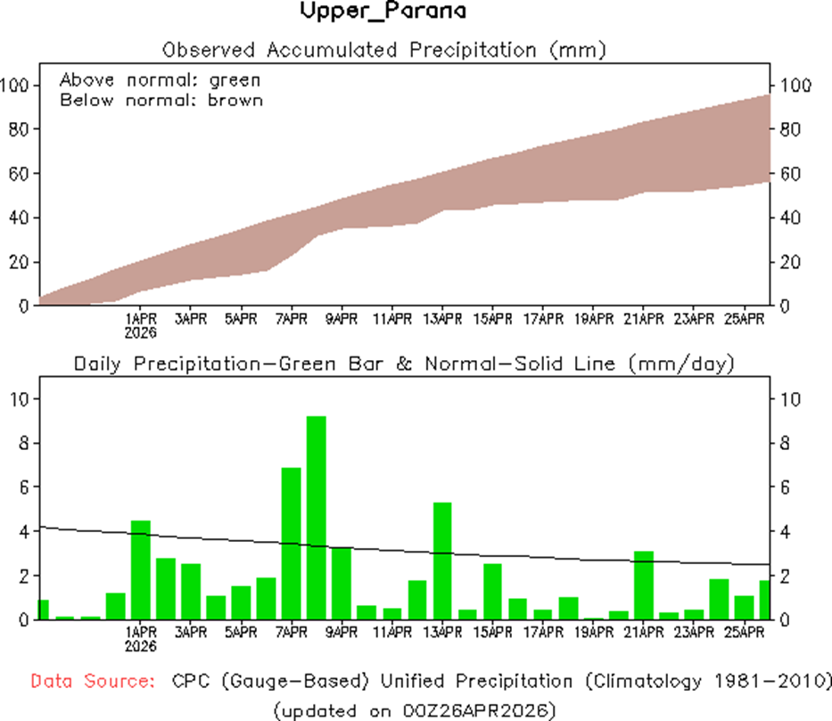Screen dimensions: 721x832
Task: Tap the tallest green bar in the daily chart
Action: (317, 517)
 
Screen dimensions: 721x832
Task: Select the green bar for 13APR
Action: (442, 561)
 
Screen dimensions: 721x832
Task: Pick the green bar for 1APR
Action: (141, 570)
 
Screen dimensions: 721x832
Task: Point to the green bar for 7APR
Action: (292, 544)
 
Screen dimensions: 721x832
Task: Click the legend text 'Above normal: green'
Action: (160, 79)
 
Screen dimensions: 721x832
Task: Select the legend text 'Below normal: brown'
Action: (161, 100)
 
